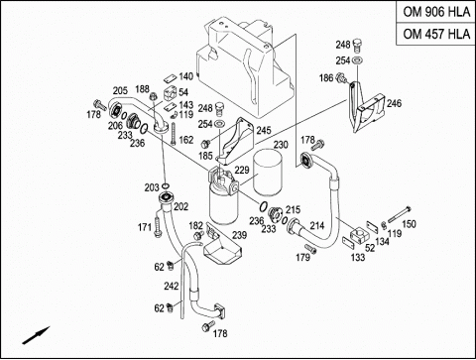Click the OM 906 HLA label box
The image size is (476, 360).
coord(436,12)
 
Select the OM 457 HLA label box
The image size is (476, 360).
coord(436,34)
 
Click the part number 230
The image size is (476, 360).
coord(281,145)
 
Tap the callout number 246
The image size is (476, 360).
coord(394,103)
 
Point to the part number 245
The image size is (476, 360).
coord(264,130)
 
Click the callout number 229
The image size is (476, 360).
coord(242,170)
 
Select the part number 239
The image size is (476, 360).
coord(239,235)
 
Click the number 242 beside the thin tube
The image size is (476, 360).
coord(172,286)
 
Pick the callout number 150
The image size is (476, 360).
coord(409,224)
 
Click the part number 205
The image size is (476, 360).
coord(120,90)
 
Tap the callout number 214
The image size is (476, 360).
coord(317,226)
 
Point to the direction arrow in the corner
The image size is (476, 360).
coord(36,335)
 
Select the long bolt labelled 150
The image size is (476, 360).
coord(400,214)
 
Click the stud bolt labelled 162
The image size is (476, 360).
coord(174,134)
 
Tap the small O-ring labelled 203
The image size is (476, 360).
coord(167,185)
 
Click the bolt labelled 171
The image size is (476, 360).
coord(157,225)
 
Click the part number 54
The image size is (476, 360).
coord(183,92)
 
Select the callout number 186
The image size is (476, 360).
coord(326,78)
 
